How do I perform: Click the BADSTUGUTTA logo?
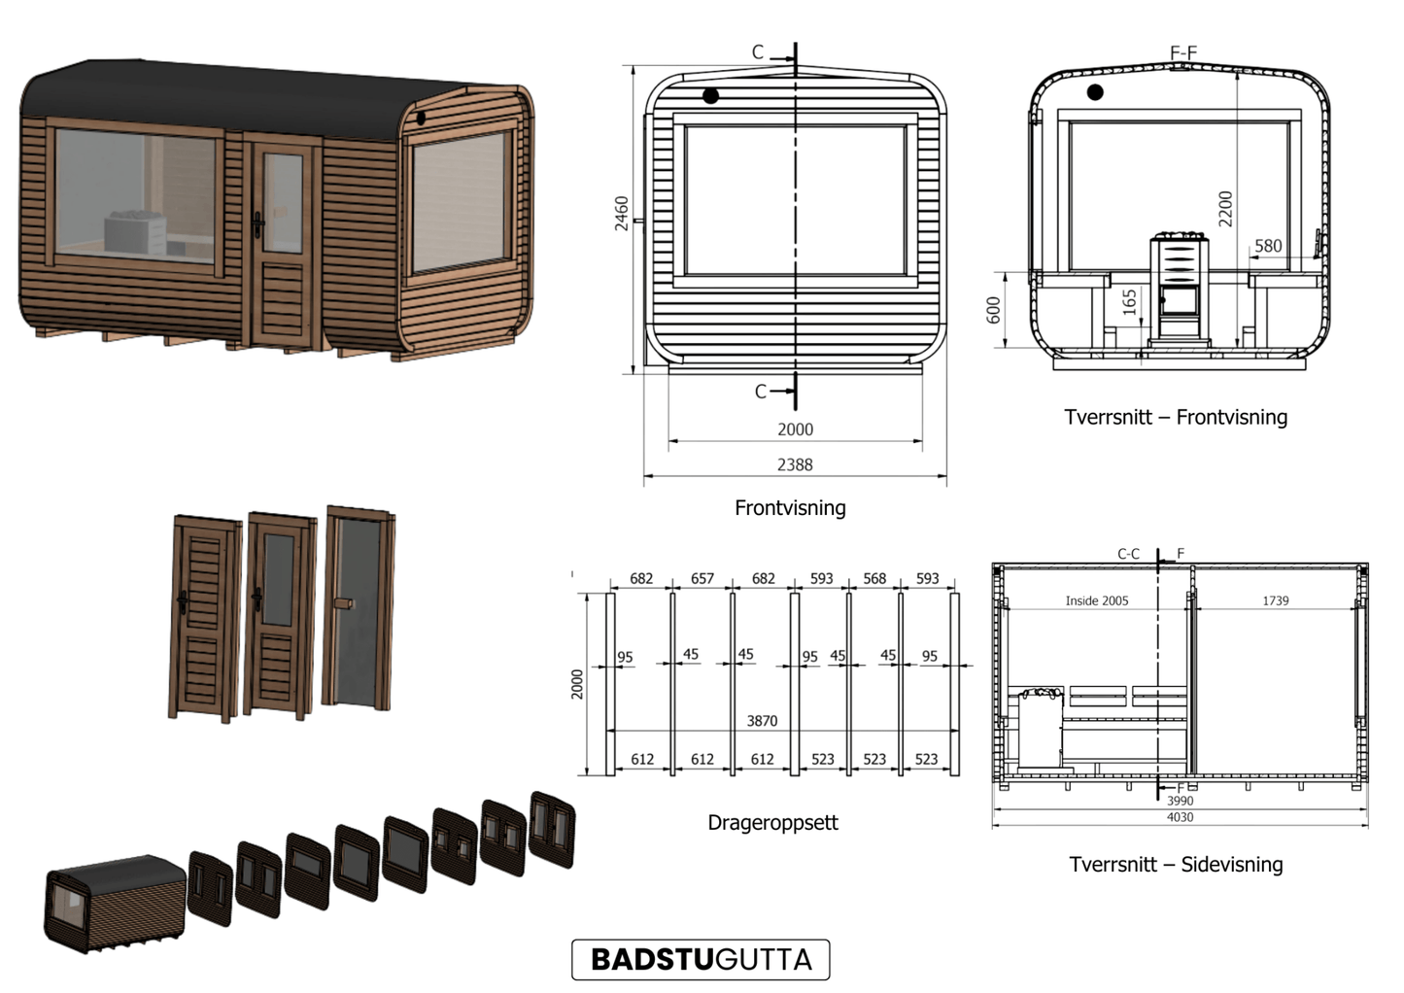(x=701, y=959)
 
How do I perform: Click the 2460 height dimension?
(x=621, y=214)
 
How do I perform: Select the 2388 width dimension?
(x=795, y=464)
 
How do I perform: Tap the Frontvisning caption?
(x=790, y=507)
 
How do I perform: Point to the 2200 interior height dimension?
(x=1225, y=209)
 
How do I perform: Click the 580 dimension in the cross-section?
(x=1268, y=246)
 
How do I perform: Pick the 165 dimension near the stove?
(x=1129, y=301)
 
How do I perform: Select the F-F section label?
(x=1183, y=52)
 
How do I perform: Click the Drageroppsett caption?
(x=772, y=823)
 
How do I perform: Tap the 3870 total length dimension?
(x=762, y=721)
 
